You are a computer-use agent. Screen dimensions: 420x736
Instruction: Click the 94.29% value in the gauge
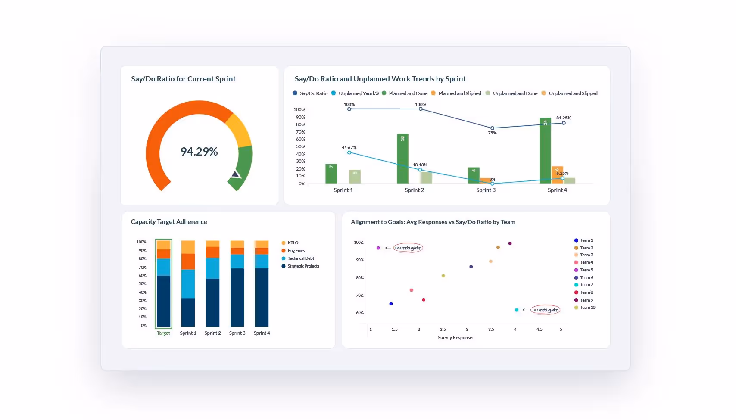point(199,152)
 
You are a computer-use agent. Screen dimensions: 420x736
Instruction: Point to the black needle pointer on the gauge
point(235,174)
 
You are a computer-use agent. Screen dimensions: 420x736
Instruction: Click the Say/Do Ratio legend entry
point(310,93)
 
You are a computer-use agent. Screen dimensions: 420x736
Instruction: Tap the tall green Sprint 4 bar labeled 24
point(545,151)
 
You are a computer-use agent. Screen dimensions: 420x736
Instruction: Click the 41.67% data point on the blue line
point(349,152)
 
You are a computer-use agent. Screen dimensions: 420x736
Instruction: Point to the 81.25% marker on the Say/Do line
point(564,123)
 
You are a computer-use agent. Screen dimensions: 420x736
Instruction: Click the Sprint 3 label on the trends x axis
point(486,190)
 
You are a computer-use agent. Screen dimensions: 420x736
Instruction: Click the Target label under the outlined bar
point(163,333)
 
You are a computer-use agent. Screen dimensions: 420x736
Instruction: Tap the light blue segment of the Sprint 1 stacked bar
point(188,283)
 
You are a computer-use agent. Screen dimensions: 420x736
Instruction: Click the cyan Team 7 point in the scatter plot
point(516,310)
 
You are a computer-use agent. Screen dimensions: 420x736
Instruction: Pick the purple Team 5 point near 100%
point(378,248)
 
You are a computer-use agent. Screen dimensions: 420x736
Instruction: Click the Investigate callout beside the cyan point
point(545,310)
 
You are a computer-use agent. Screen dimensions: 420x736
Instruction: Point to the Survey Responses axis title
point(456,338)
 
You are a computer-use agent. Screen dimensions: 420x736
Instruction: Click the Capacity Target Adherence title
point(169,222)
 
